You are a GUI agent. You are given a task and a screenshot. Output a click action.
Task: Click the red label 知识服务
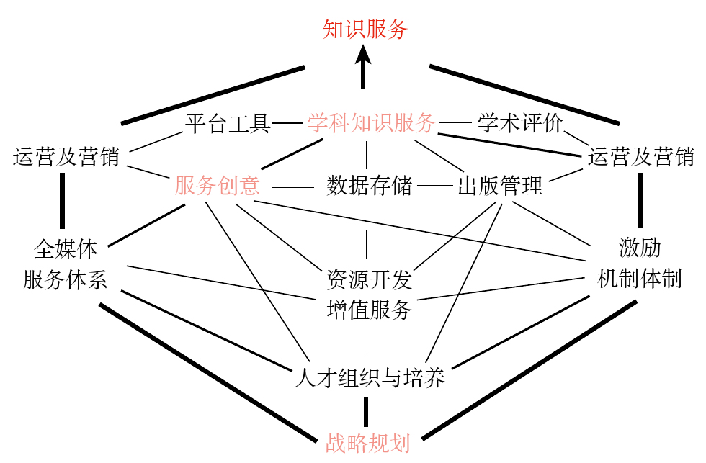365,29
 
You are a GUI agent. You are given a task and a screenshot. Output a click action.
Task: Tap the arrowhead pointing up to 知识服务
364,53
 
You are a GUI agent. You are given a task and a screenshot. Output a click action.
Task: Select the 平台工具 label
228,124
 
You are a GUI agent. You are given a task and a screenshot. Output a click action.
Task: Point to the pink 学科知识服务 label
371,123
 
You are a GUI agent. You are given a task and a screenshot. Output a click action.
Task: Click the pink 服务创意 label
217,186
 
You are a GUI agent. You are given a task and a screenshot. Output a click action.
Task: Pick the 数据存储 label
369,186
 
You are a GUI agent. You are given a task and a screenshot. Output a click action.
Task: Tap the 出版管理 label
500,186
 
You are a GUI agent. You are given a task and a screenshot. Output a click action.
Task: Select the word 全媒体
66,249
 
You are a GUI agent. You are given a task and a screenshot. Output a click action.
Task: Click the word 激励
640,248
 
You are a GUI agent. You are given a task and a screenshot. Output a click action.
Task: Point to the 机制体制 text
640,279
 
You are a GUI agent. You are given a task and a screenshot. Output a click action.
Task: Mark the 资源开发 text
369,279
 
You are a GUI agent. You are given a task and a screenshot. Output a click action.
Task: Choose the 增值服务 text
369,310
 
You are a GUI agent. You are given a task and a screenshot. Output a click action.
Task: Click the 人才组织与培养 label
370,377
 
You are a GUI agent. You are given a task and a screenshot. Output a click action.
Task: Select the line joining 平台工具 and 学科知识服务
288,124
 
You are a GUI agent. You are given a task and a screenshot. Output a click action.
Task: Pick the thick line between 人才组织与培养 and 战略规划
365,410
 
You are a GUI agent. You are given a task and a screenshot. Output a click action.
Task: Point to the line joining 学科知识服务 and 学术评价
455,124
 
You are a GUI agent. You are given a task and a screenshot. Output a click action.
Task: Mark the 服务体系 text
66,279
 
